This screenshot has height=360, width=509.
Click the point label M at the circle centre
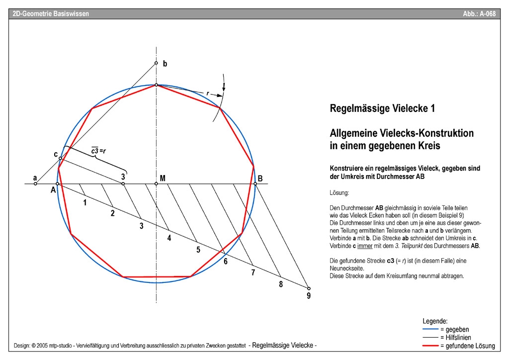coord(163,178)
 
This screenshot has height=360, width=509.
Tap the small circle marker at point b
coord(156,63)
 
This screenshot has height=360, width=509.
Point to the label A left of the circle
coord(53,189)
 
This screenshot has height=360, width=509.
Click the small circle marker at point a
coord(35,184)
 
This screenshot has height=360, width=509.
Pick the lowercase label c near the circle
coord(56,154)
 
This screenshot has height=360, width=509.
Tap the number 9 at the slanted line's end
coord(309,296)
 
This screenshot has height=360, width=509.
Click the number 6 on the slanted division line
coord(225,261)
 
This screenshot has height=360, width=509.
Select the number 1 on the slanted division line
coord(85,202)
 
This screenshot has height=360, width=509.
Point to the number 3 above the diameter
coord(123,176)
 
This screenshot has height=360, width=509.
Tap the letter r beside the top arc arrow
coord(207,92)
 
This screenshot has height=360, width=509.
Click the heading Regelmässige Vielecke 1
coord(382,108)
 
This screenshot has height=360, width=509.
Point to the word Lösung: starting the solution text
coord(339,192)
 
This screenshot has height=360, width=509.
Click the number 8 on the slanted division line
coord(281,284)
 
